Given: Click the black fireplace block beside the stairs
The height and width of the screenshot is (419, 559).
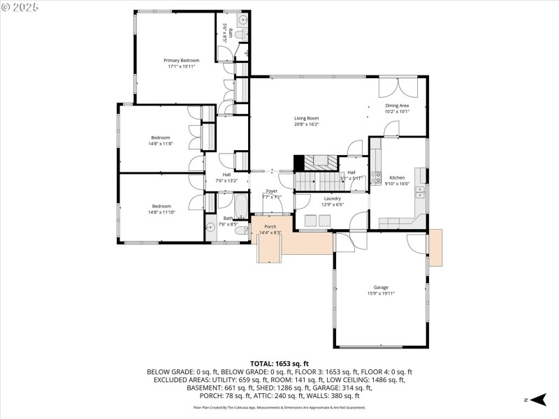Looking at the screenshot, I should click(298, 163).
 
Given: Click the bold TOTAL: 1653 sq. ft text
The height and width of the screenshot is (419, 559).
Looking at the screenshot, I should click(279, 364).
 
